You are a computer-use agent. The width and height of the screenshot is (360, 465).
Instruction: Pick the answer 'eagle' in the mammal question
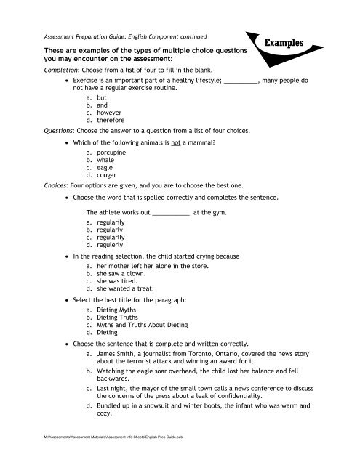point(105,168)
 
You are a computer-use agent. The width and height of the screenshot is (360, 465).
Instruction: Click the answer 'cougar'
point(107,175)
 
